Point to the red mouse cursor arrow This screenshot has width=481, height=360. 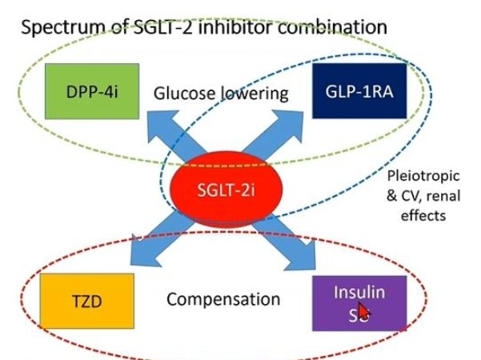363,310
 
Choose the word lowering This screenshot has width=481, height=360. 255,94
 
